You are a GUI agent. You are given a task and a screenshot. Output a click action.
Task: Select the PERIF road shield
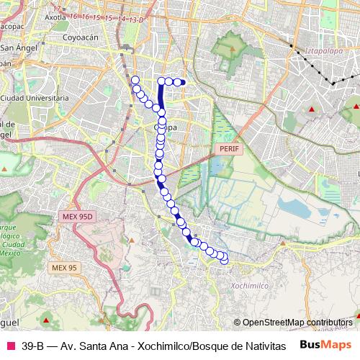(x=225, y=148)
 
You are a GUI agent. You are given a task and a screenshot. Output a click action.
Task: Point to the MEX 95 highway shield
(x=63, y=268)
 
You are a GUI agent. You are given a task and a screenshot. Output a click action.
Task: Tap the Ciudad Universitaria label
(x=35, y=97)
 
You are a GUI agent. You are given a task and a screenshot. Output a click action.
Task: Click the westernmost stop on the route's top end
(x=135, y=79)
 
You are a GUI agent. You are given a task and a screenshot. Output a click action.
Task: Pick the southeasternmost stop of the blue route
(x=224, y=260)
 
